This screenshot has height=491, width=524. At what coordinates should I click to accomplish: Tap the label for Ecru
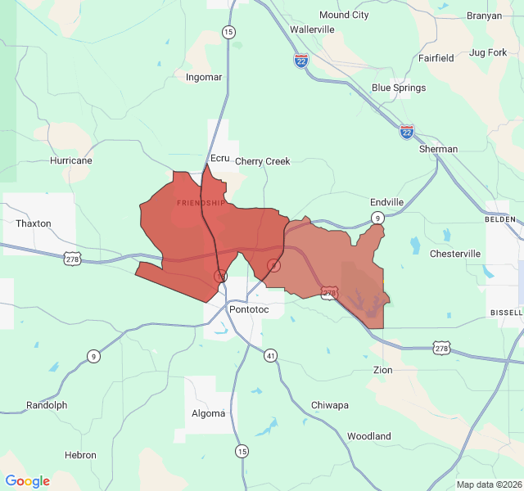220,157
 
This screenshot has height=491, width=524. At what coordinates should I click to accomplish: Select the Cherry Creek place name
263,161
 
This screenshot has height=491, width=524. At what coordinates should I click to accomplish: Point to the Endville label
386,201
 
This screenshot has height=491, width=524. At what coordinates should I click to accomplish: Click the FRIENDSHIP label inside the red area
201,202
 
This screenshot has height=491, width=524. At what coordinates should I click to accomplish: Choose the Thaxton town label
34,223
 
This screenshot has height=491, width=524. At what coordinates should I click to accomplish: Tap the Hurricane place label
71,160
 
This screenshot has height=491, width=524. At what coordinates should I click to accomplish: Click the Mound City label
344,15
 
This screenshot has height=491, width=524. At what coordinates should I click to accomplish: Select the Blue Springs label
399,88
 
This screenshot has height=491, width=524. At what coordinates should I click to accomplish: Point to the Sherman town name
438,149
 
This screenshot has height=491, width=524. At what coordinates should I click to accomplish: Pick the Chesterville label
455,254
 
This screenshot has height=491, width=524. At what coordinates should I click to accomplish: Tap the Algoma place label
209,413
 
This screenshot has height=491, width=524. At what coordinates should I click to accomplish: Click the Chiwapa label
329,405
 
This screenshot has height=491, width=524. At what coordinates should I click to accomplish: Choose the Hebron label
81,455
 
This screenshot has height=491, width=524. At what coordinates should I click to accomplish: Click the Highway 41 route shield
270,355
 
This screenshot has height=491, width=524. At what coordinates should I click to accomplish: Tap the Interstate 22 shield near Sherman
407,131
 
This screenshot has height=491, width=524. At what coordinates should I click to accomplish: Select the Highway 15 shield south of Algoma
242,451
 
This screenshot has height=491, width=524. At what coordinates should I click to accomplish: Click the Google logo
28,481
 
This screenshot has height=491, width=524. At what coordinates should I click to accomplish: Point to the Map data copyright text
488,484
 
